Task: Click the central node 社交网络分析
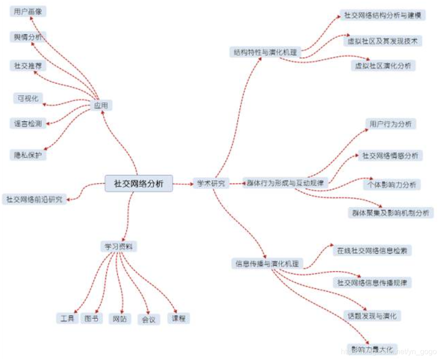click(x=139, y=183)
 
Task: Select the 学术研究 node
click(x=211, y=183)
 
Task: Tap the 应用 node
click(x=101, y=106)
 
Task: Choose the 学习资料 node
click(x=119, y=246)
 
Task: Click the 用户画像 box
click(x=28, y=12)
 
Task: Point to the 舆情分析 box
click(x=28, y=37)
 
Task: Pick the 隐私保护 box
click(x=28, y=155)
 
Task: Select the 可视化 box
click(x=28, y=98)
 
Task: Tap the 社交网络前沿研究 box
click(x=34, y=199)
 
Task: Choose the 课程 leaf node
click(x=179, y=318)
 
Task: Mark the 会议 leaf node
click(x=148, y=319)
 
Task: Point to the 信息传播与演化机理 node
click(x=267, y=264)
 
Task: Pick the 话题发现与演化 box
click(x=372, y=316)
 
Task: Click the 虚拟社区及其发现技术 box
click(x=383, y=41)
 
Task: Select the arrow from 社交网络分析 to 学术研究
click(x=184, y=184)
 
